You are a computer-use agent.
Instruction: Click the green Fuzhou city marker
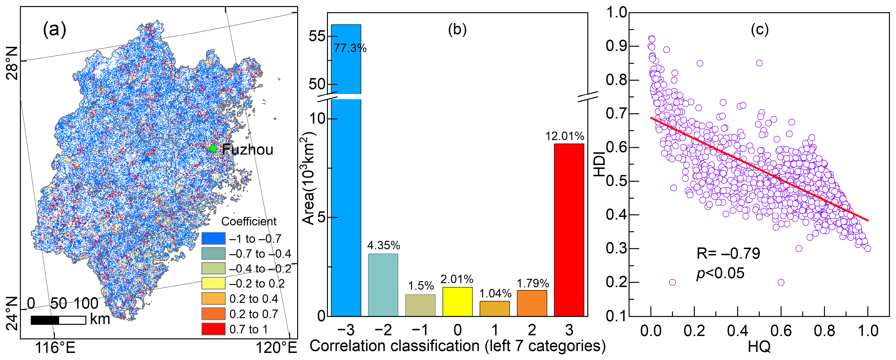[213, 149]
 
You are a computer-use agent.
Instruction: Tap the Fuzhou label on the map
[248, 150]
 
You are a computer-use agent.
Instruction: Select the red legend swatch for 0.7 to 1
[213, 329]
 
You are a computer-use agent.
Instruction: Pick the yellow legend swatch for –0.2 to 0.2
[213, 283]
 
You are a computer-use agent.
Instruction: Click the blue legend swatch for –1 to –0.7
[213, 238]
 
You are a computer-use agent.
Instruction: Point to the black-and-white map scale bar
[58, 320]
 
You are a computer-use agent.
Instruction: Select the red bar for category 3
[569, 230]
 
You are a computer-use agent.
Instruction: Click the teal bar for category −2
[383, 285]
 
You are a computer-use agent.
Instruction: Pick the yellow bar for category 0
[457, 302]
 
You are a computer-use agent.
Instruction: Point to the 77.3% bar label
[350, 48]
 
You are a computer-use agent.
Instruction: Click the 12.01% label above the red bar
[565, 136]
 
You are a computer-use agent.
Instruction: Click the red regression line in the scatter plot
[759, 169]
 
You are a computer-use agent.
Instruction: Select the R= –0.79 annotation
[728, 253]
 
